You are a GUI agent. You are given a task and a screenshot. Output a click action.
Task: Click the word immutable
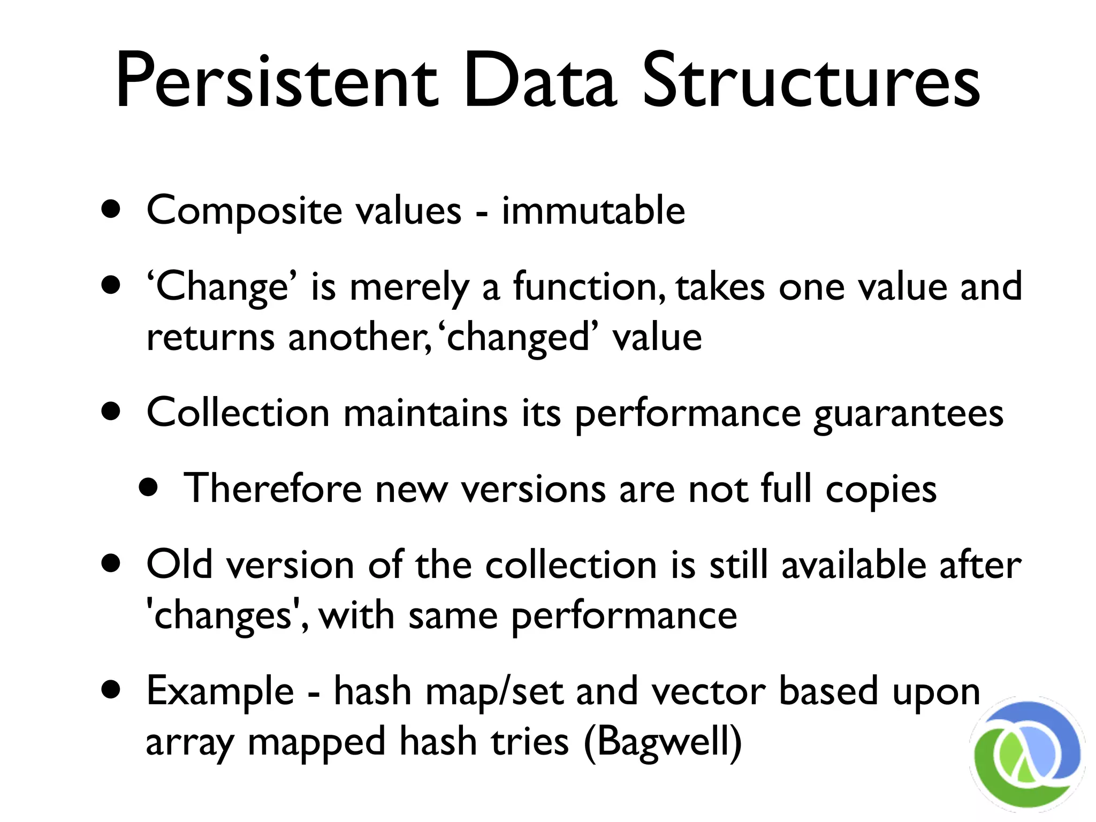click(x=593, y=210)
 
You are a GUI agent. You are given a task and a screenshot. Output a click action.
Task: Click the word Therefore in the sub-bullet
click(x=272, y=488)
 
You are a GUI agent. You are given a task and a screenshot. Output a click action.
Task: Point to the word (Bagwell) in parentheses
click(x=663, y=743)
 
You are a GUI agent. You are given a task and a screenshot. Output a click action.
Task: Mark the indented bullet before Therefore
click(x=148, y=488)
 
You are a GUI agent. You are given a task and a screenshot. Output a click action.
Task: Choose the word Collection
click(x=238, y=413)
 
